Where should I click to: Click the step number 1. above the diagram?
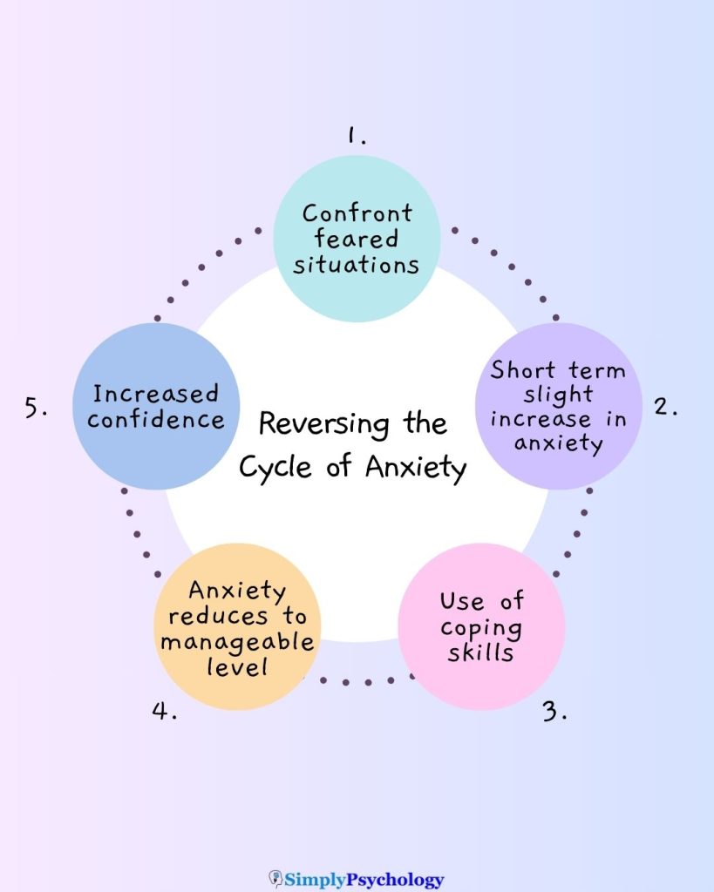click(356, 135)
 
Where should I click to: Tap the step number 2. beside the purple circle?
click(666, 406)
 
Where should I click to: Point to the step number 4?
click(165, 711)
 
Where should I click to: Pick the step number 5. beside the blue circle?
click(36, 407)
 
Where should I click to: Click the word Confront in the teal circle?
click(357, 213)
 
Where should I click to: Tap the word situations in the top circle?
click(356, 265)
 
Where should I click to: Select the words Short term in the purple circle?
click(558, 369)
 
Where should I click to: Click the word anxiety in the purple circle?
click(558, 443)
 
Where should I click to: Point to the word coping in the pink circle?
click(481, 627)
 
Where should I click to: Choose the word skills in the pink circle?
click(480, 652)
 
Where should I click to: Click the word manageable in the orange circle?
click(237, 643)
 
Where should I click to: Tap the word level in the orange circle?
click(236, 668)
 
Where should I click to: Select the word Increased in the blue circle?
click(156, 394)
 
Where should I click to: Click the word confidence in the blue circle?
click(156, 419)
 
